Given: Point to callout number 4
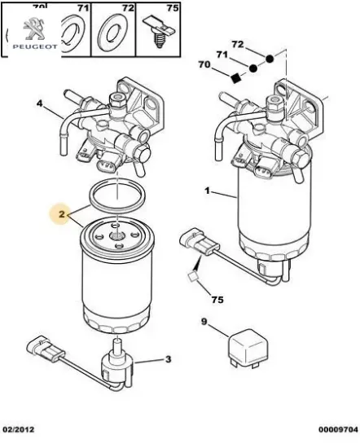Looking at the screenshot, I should (39, 103).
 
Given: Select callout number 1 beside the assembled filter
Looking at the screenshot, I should (207, 192).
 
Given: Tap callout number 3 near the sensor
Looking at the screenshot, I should (168, 358).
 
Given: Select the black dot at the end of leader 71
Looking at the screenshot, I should (253, 68).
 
